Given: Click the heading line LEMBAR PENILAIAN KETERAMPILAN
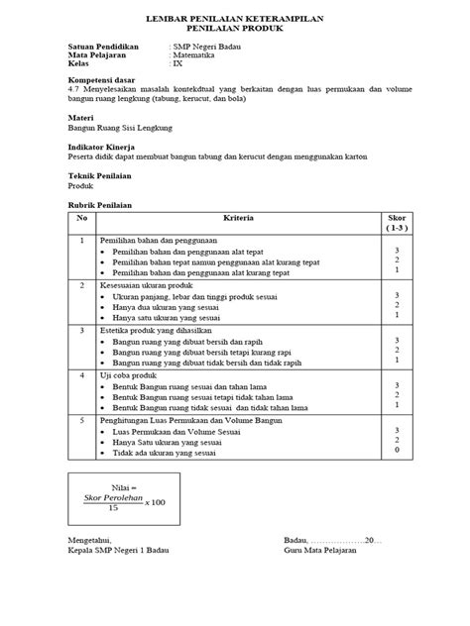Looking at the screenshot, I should (235, 19).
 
